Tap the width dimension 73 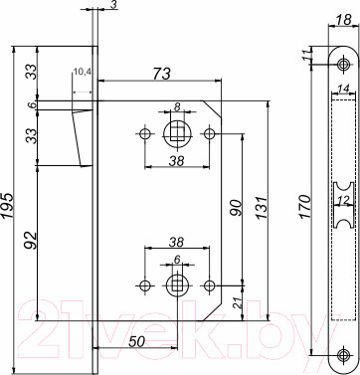tap(159, 74)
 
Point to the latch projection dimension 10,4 tap(83, 73)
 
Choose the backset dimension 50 tap(137, 342)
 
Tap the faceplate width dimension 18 tap(342, 20)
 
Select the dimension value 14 tap(342, 90)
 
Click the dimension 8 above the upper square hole tap(176, 107)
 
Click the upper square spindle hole tap(177, 132)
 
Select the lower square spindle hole tap(177, 285)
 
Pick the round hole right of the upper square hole tap(209, 132)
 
